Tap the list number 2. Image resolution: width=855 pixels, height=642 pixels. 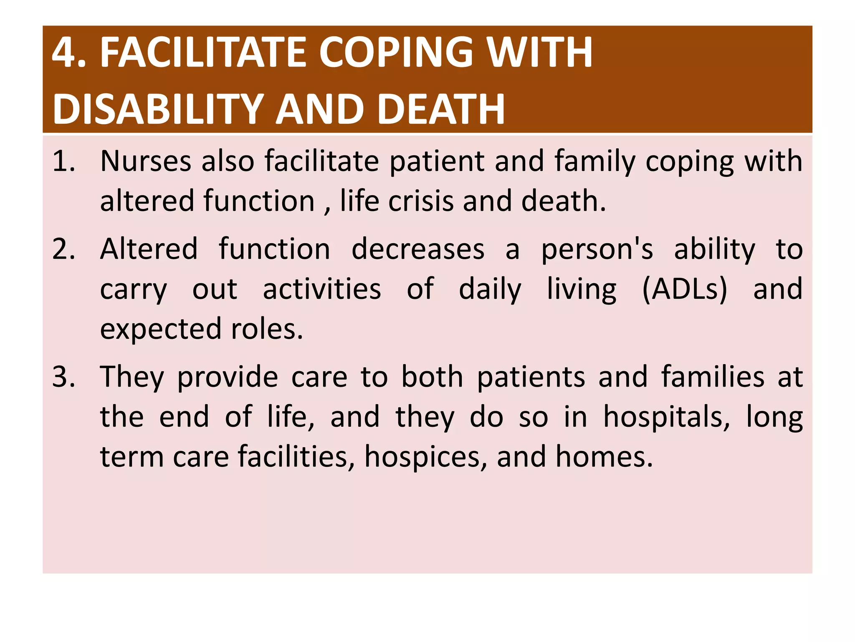(x=64, y=249)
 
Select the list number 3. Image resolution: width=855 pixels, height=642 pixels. (x=64, y=377)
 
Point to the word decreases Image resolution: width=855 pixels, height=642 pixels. (x=418, y=249)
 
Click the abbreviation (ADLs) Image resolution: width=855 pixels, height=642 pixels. (x=685, y=289)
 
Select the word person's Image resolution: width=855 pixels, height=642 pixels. (x=597, y=249)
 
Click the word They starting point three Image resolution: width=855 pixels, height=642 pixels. (x=132, y=377)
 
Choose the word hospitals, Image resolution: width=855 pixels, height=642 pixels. (x=667, y=417)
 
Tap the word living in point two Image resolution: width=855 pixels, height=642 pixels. (x=582, y=289)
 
